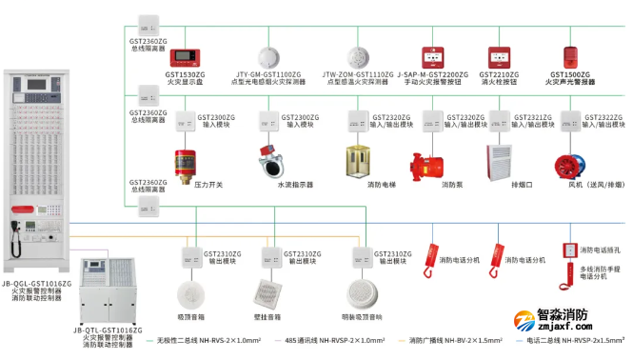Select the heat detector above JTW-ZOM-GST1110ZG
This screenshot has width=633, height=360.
pyautogui.click(x=357, y=55)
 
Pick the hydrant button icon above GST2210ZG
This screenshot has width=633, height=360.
pyautogui.click(x=500, y=56)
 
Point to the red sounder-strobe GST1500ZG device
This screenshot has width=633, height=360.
pyautogui.click(x=571, y=55)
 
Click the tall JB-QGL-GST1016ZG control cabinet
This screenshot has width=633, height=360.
pyautogui.click(x=34, y=171)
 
